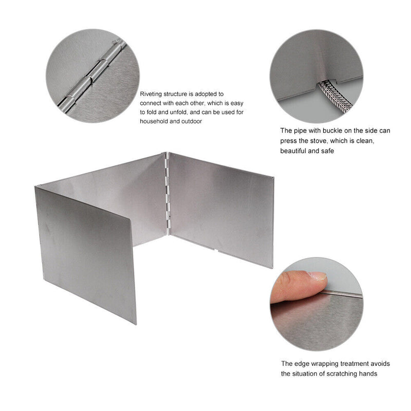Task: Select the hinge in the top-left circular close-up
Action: [x=92, y=77]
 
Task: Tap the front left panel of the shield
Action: [x=85, y=252]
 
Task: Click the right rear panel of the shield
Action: [x=221, y=206]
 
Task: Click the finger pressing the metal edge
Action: [x=298, y=288]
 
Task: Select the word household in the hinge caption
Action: [x=154, y=122]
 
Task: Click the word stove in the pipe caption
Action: [x=327, y=141]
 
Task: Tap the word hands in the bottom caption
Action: [x=367, y=373]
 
